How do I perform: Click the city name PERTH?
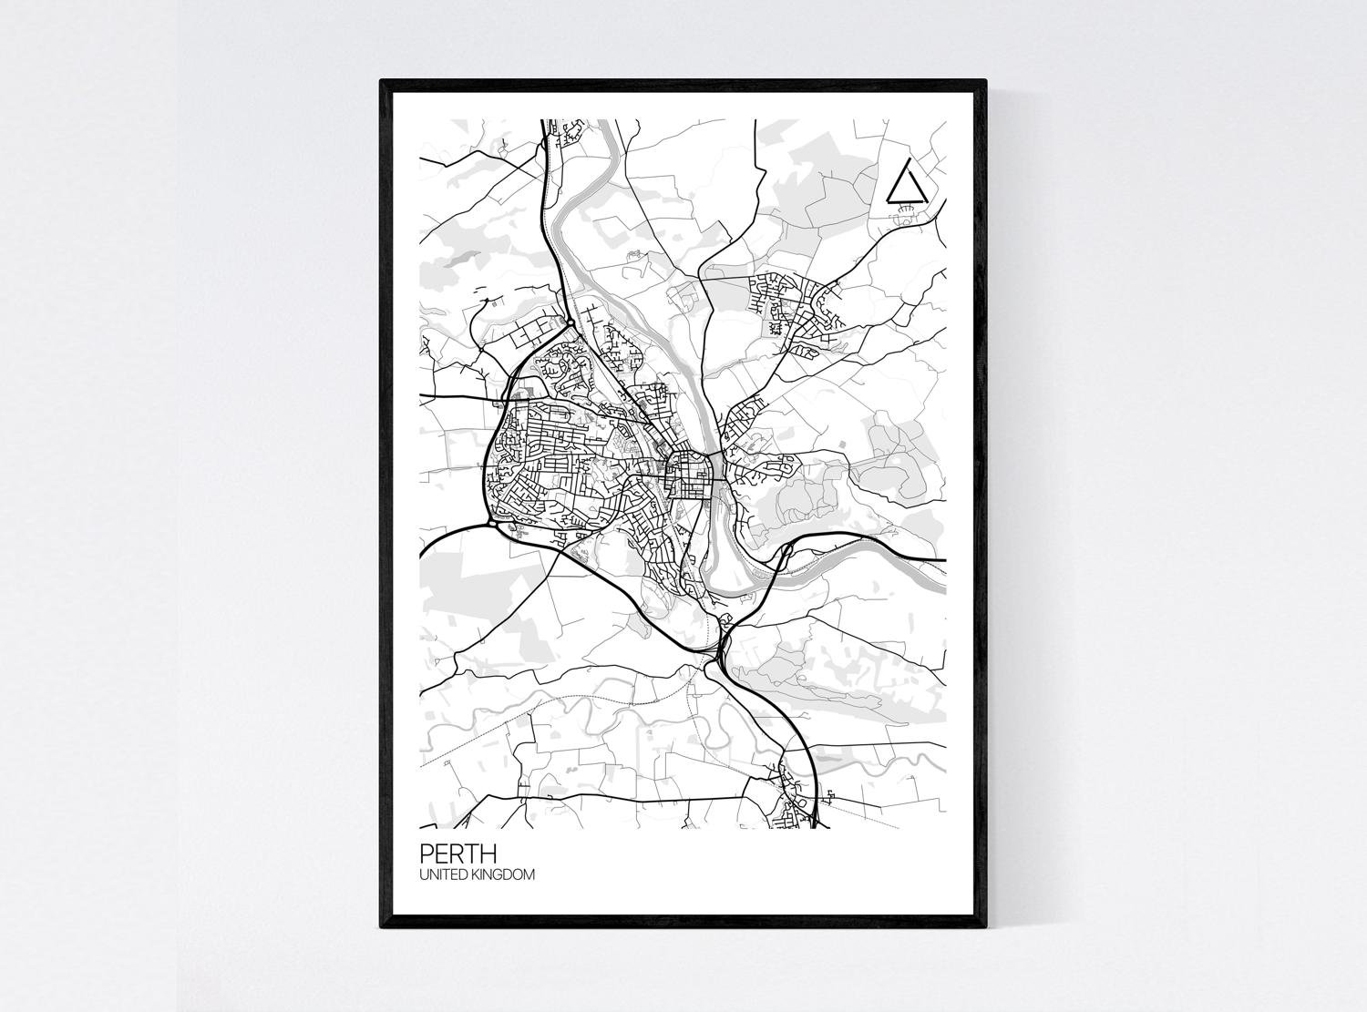click(457, 854)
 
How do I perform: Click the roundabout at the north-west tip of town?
click(570, 322)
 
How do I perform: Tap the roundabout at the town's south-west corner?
click(492, 524)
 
